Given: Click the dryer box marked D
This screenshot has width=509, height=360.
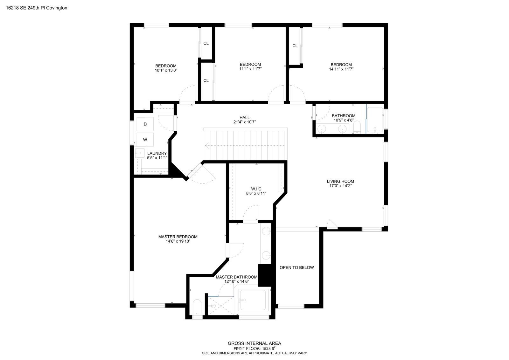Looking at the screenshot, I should click(x=145, y=124).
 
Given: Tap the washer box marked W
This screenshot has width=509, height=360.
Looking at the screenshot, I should click(x=145, y=140).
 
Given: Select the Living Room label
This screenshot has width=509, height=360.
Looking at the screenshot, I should click(x=340, y=181).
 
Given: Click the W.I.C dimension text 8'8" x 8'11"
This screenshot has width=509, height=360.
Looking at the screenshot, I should click(x=256, y=193).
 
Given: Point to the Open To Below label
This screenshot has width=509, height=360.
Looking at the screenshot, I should click(x=296, y=267).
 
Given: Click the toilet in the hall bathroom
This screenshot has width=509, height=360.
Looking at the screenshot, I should click(x=357, y=127).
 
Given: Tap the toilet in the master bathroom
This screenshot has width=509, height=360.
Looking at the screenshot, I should click(x=197, y=307).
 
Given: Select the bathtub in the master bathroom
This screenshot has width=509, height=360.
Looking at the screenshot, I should click(x=253, y=300).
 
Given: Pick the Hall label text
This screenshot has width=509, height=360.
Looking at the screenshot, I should click(x=245, y=117).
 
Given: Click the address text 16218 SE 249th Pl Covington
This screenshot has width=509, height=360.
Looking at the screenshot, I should click(x=37, y=8).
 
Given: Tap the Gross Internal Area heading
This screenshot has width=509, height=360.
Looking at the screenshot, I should click(x=254, y=343).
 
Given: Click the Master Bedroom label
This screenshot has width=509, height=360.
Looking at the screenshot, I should click(x=178, y=237).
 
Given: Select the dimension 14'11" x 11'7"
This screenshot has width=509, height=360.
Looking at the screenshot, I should click(x=341, y=69).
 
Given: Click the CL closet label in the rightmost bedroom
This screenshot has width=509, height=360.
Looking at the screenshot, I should click(x=295, y=46).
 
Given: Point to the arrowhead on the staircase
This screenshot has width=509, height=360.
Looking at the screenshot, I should click(x=207, y=146).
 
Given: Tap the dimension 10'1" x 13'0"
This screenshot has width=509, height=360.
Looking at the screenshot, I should click(x=166, y=70).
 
